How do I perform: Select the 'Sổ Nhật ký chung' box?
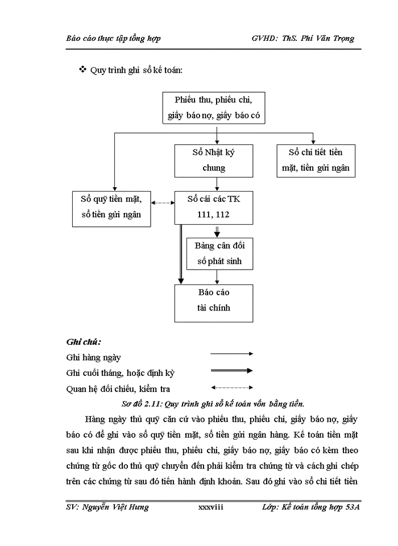point(214,160)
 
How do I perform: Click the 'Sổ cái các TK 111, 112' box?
point(214,207)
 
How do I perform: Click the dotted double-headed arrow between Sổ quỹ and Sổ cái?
point(163,202)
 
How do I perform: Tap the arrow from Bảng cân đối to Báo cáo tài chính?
point(217,276)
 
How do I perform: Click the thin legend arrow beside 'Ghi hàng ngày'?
point(231,354)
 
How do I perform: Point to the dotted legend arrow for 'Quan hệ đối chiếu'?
point(231,388)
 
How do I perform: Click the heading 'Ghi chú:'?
point(84,342)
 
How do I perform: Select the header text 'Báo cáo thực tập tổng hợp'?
point(113,38)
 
